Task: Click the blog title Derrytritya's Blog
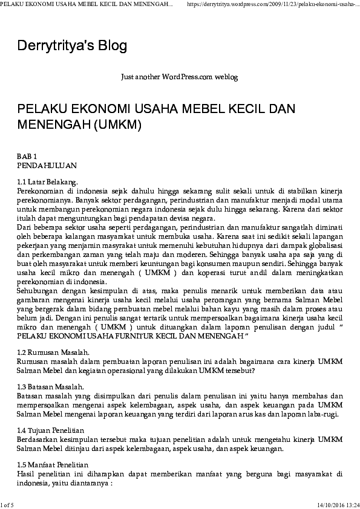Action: tap(72, 46)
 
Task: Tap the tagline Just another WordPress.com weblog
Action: tap(180, 77)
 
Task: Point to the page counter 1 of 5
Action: tap(7, 504)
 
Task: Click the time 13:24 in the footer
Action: tap(353, 504)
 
